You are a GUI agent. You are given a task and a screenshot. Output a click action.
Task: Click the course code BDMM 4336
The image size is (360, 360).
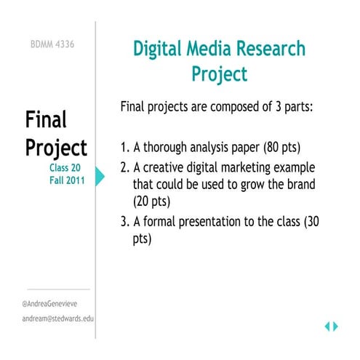[52, 44]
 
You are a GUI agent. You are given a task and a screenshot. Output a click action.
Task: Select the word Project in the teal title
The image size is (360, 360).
[220, 73]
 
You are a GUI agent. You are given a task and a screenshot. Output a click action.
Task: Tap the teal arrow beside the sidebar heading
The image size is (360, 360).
[100, 175]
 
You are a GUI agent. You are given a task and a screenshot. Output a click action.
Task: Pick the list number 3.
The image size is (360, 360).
[124, 221]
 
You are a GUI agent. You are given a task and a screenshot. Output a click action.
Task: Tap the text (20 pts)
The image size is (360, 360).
[152, 201]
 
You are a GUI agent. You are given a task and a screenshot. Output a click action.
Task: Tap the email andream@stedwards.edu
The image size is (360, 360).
[58, 319]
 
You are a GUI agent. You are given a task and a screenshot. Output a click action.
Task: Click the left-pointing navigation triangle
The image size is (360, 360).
[327, 327]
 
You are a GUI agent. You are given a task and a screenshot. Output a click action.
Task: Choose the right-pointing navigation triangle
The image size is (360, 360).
[335, 327]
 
